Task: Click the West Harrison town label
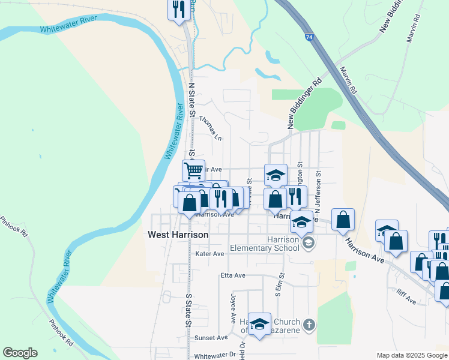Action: (x=178, y=235)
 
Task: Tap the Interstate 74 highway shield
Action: (x=308, y=37)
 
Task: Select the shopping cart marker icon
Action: (x=193, y=170)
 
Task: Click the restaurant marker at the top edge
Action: (x=178, y=10)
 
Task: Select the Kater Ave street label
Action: (x=209, y=254)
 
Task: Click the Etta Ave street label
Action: (x=233, y=275)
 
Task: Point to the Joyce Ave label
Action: (x=232, y=306)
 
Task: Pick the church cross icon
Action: (x=309, y=325)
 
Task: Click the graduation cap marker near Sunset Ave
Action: (x=259, y=324)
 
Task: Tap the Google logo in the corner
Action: (x=19, y=353)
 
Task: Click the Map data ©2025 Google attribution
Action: (x=411, y=355)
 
